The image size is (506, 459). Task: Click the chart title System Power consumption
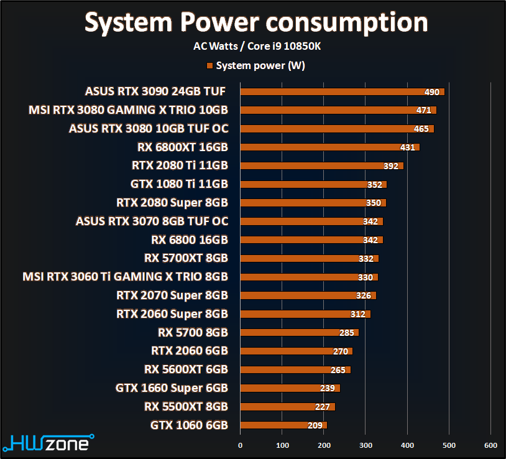pyautogui.click(x=256, y=22)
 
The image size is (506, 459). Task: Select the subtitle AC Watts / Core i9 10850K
pyautogui.click(x=256, y=46)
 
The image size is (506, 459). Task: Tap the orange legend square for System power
pyautogui.click(x=210, y=65)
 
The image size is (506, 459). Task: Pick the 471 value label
pyautogui.click(x=424, y=111)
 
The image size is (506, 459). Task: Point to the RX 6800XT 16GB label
pyautogui.click(x=182, y=147)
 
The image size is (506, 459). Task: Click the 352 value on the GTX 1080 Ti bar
pyautogui.click(x=375, y=185)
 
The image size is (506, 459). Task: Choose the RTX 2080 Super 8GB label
pyautogui.click(x=172, y=203)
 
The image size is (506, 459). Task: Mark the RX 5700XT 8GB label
pyautogui.click(x=186, y=258)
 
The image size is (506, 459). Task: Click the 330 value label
pyautogui.click(x=366, y=277)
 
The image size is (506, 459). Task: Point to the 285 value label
pyautogui.click(x=347, y=333)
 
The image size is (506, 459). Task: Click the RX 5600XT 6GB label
pyautogui.click(x=186, y=369)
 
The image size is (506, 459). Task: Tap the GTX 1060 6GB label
pyautogui.click(x=189, y=425)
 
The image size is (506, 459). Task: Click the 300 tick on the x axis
pyautogui.click(x=366, y=445)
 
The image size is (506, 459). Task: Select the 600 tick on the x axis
pyautogui.click(x=490, y=445)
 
